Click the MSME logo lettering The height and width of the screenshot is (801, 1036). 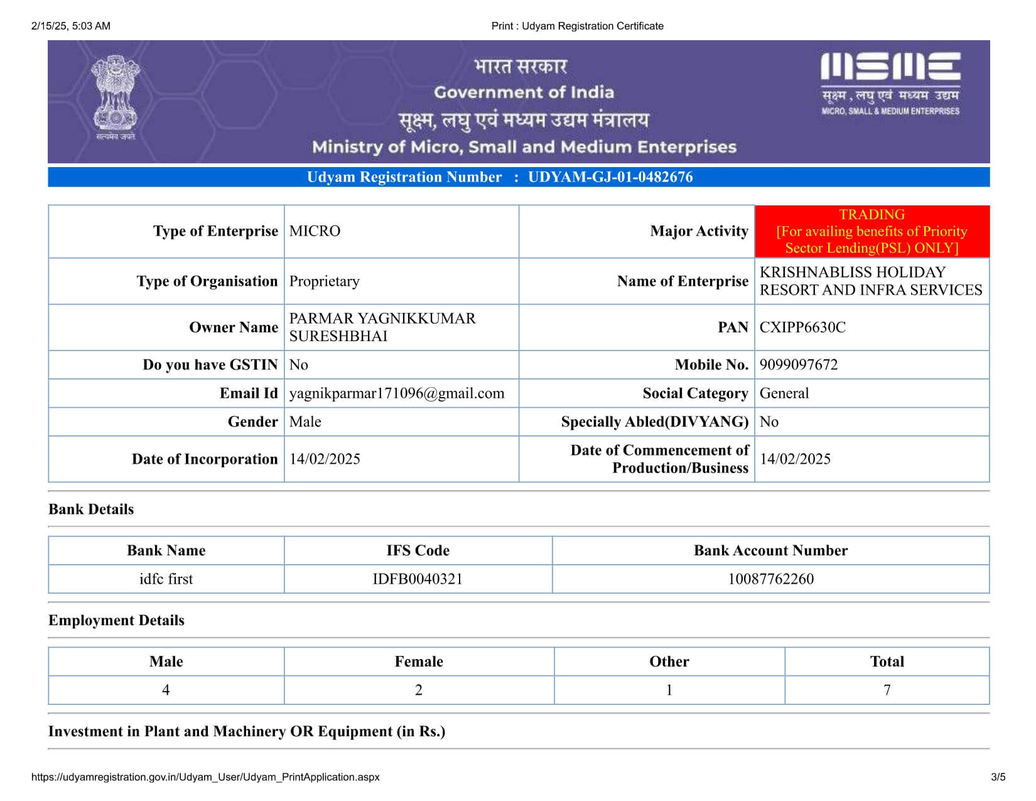coord(890,67)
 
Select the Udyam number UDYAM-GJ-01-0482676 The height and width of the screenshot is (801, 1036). coord(610,177)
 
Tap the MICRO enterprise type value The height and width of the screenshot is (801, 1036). coord(315,231)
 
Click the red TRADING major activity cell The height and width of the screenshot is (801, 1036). coord(871,231)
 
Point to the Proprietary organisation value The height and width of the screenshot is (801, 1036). coord(324,281)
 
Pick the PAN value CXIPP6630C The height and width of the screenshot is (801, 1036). coord(802,327)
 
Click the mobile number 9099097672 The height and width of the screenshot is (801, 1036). coord(799,365)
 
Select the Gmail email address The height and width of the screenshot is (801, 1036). coord(396,393)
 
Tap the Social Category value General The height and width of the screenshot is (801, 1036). coord(784,393)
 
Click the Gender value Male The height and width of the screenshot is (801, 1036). coord(305,422)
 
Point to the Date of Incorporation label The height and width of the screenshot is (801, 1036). coord(205,459)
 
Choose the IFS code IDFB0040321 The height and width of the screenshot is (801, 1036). coord(418,579)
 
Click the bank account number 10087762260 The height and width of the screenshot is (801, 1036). coord(770,579)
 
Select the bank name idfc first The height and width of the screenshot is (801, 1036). coord(166,579)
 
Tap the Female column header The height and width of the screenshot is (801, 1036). coord(419,662)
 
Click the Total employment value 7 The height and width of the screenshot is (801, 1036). coord(887,690)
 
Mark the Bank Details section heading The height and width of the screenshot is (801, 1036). coord(91,509)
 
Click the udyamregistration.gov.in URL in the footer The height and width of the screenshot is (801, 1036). coord(205,777)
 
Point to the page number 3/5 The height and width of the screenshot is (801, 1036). coord(998,777)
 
